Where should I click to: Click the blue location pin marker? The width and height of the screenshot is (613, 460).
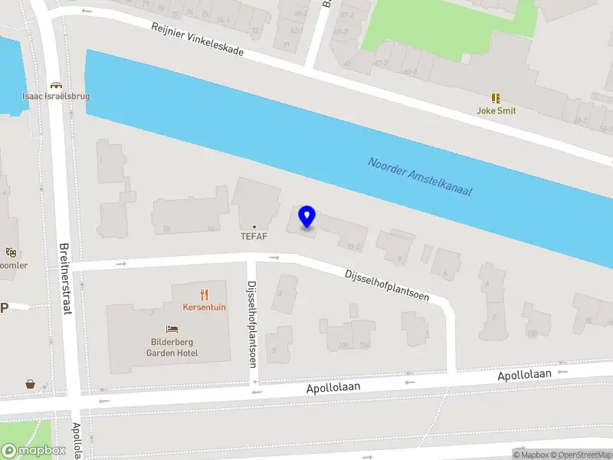[x=306, y=218]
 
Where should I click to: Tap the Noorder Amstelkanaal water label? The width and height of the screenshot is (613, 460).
[x=419, y=176]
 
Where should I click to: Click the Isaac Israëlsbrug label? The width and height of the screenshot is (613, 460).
[x=56, y=97]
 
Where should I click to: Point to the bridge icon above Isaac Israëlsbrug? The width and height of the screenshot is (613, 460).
[x=55, y=85]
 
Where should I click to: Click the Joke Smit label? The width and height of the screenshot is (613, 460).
[x=497, y=110]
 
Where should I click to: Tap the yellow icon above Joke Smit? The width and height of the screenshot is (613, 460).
[x=497, y=98]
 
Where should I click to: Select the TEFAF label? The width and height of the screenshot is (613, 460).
[x=254, y=236]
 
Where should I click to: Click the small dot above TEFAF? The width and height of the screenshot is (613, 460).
[x=254, y=226]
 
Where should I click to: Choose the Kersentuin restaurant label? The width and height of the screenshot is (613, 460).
[x=204, y=307]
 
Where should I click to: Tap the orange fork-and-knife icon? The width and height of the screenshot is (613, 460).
[x=204, y=294]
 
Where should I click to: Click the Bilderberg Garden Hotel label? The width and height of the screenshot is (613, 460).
[x=172, y=347]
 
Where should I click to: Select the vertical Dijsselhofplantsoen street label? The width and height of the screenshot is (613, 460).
[x=251, y=323]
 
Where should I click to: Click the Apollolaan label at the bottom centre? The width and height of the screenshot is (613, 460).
[x=333, y=388]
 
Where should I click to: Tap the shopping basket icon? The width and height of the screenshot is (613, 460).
[x=30, y=384]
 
